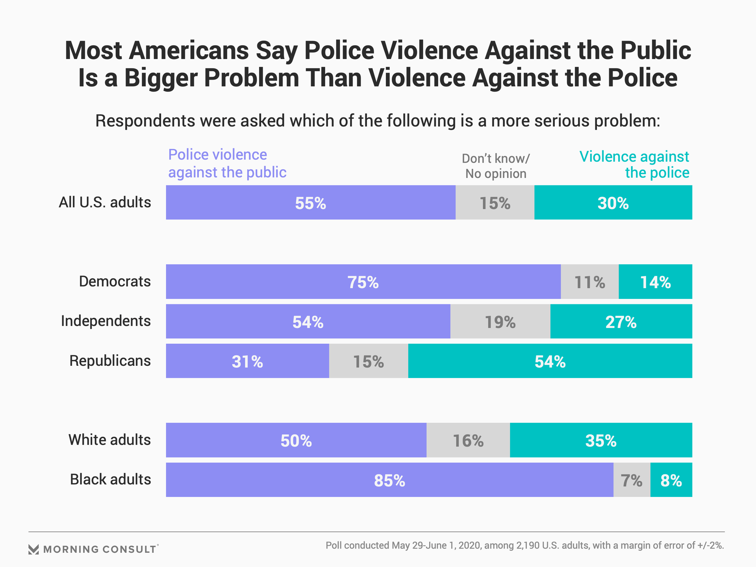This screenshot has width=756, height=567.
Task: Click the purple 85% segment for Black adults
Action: pyautogui.click(x=389, y=480)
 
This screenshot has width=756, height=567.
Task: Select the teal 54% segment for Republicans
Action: pyautogui.click(x=550, y=361)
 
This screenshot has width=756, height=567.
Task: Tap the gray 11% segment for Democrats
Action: pyautogui.click(x=589, y=282)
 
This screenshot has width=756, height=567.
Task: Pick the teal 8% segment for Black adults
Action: pyautogui.click(x=671, y=480)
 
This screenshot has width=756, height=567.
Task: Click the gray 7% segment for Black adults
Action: pyautogui.click(x=632, y=480)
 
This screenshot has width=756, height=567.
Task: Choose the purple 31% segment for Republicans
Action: pyautogui.click(x=247, y=361)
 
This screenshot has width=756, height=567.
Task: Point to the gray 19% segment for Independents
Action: pyautogui.click(x=500, y=321)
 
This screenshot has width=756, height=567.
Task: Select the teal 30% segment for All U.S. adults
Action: pyautogui.click(x=613, y=202)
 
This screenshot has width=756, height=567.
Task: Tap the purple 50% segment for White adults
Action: pyautogui.click(x=296, y=440)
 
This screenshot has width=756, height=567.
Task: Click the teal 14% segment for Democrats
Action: pyautogui.click(x=655, y=282)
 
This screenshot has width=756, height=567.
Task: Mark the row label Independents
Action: pyautogui.click(x=106, y=321)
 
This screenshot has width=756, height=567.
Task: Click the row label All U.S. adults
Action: pyautogui.click(x=105, y=202)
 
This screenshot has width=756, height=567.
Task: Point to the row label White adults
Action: pyautogui.click(x=109, y=440)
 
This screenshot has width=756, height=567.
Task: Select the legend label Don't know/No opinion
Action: pyautogui.click(x=496, y=166)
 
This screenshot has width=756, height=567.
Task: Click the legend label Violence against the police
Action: pyautogui.click(x=635, y=165)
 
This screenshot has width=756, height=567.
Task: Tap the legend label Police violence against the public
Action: pyautogui.click(x=227, y=163)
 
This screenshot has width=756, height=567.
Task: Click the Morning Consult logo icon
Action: pyautogui.click(x=33, y=549)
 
